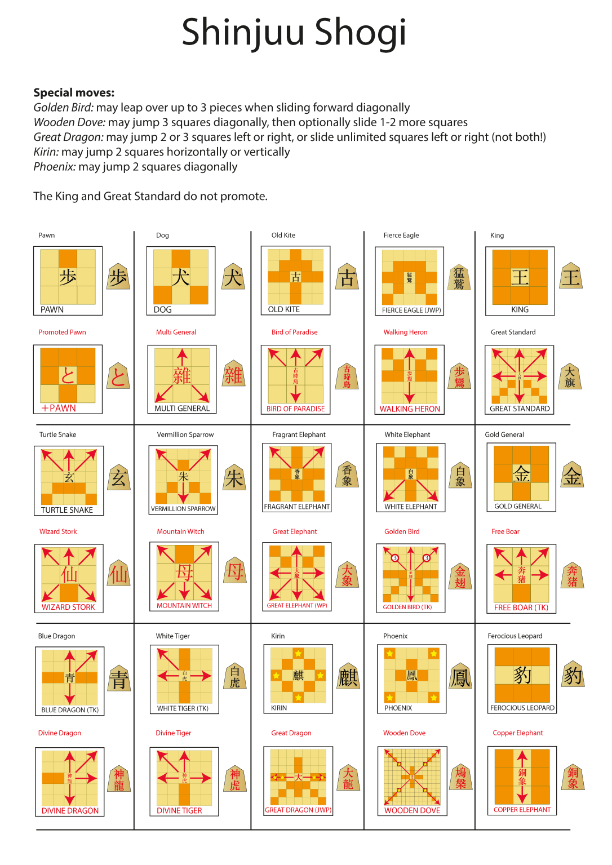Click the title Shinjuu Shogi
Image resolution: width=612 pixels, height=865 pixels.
click(x=294, y=32)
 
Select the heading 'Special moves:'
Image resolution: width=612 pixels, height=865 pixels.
click(x=74, y=92)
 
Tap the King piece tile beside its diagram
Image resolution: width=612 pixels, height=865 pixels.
click(x=571, y=277)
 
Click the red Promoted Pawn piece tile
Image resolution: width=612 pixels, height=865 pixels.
click(x=118, y=376)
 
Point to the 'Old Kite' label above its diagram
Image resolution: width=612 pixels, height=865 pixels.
click(x=283, y=235)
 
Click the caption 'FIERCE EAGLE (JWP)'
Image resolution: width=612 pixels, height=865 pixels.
click(x=411, y=310)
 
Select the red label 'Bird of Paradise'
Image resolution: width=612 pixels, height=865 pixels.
click(x=294, y=332)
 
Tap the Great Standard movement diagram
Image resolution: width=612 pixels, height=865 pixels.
click(x=519, y=376)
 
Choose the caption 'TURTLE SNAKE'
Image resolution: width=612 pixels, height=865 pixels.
click(x=67, y=510)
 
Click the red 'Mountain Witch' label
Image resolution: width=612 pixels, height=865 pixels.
click(x=180, y=531)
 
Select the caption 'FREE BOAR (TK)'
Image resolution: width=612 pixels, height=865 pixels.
click(x=521, y=607)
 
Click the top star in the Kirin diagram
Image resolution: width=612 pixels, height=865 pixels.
click(x=298, y=654)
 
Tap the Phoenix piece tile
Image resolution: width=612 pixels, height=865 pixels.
click(x=460, y=676)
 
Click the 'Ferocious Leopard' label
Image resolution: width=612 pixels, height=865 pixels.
click(x=515, y=636)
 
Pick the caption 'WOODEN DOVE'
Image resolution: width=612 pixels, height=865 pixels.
click(x=412, y=810)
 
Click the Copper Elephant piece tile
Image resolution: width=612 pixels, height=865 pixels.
click(x=573, y=777)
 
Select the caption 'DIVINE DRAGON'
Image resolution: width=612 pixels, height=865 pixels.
click(x=70, y=810)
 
